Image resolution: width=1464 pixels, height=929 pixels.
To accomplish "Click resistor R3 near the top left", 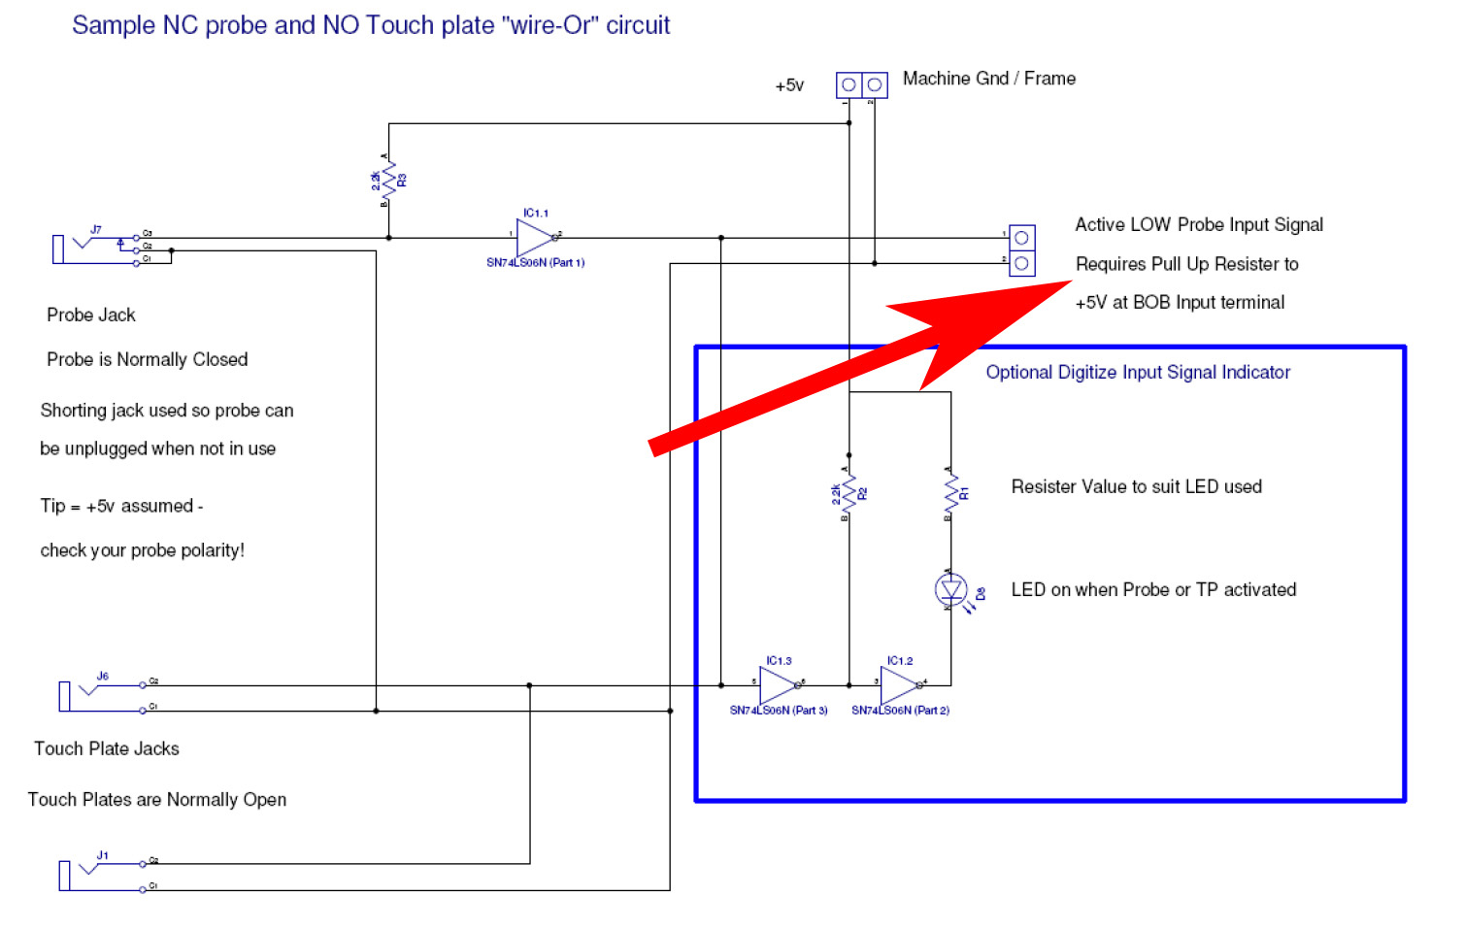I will (x=389, y=181).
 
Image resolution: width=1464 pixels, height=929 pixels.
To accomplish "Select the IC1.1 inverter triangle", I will (x=535, y=238).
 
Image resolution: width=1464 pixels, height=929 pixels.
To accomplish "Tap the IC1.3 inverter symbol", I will (x=779, y=685).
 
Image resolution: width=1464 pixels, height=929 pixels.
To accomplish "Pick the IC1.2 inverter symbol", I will (x=900, y=685).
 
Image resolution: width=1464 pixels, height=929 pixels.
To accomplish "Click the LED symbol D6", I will (x=950, y=589).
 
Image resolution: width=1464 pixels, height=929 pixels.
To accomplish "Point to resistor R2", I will (x=849, y=494).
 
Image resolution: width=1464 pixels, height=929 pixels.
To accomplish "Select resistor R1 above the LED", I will (x=950, y=493).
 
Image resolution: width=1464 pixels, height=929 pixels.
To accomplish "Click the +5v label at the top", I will (x=789, y=85).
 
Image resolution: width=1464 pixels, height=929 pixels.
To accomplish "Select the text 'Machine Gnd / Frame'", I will (x=988, y=79).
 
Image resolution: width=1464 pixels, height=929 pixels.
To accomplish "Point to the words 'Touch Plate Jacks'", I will (x=107, y=748).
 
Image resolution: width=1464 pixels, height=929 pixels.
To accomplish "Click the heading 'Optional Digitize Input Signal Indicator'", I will (x=1138, y=372).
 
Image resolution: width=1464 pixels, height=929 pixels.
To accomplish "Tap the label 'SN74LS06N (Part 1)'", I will (x=535, y=263).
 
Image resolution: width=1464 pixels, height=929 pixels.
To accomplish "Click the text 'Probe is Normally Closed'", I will (x=148, y=359).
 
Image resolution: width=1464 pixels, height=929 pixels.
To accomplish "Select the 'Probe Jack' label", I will (x=91, y=315).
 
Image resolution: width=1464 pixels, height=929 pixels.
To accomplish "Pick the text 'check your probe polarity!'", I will (x=143, y=550).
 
